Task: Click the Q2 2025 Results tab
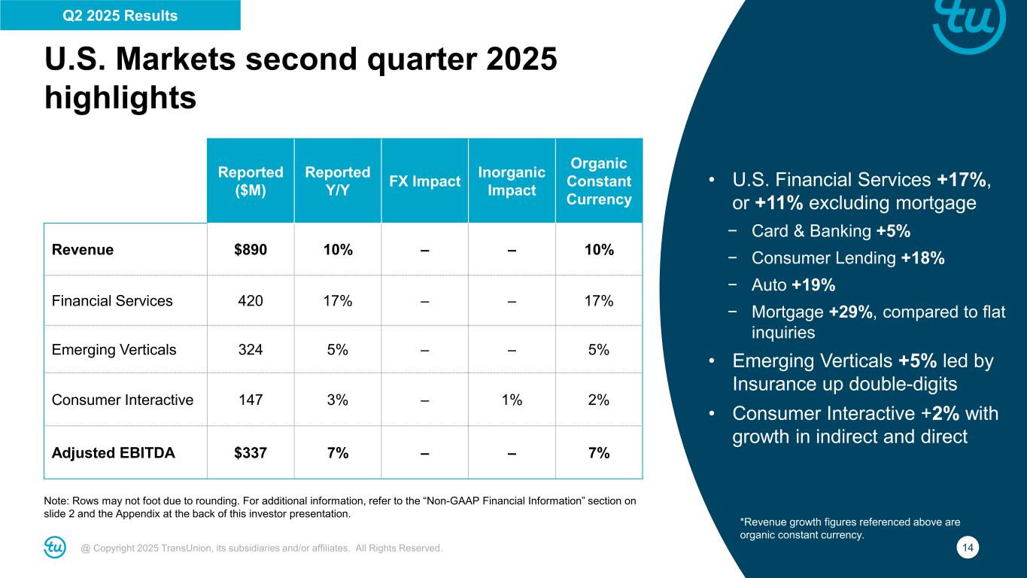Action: [120, 15]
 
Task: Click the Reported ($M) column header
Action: [251, 181]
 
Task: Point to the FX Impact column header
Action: [425, 181]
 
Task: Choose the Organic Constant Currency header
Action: [599, 181]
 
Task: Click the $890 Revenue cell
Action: [251, 250]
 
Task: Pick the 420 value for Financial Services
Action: [251, 301]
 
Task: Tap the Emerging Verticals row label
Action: [114, 349]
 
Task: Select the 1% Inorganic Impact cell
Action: [512, 400]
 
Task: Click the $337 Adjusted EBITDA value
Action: [251, 453]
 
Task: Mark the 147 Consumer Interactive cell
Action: [251, 400]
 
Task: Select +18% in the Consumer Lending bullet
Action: [922, 258]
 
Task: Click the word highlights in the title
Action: [121, 98]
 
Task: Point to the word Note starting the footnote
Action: [59, 500]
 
